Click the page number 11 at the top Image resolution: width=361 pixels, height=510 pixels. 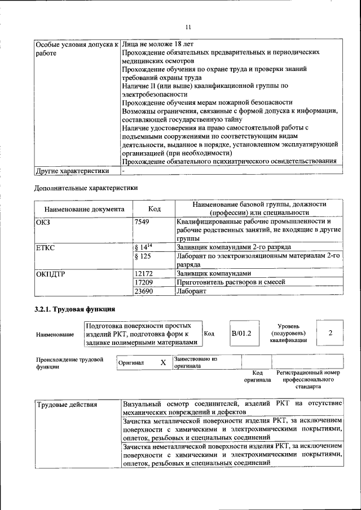point(188,26)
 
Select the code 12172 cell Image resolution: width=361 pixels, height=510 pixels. point(145,272)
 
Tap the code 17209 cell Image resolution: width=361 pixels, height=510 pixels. point(145,282)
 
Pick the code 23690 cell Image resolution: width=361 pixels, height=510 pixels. point(145,291)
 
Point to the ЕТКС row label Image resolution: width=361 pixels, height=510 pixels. point(46,247)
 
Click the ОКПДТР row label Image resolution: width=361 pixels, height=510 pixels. point(51,273)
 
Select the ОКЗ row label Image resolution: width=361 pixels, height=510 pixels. point(43,221)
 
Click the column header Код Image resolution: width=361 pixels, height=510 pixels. point(154,209)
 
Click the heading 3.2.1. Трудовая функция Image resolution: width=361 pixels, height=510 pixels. point(75,309)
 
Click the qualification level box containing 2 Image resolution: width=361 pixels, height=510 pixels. point(331,334)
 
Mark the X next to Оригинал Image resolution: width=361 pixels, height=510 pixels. point(163,363)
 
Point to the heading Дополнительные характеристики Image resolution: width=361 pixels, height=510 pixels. point(86,188)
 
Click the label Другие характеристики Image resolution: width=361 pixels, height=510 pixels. point(72,170)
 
